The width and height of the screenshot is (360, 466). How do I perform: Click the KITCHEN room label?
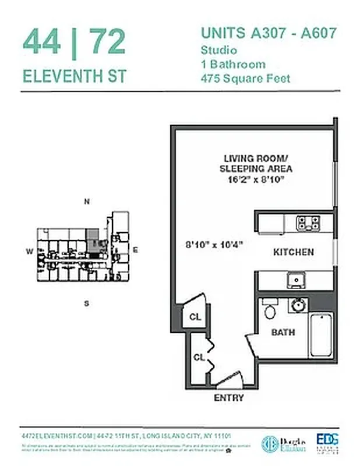tap(294, 252)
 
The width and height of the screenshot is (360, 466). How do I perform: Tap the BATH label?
tap(283, 333)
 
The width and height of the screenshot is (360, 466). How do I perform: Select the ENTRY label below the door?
tap(229, 398)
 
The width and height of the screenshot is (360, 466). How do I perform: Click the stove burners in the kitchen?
tap(308, 223)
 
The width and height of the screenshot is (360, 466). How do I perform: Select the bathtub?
tap(320, 337)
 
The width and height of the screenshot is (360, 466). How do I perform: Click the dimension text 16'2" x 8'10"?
tap(256, 180)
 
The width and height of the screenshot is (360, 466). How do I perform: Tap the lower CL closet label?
tap(198, 356)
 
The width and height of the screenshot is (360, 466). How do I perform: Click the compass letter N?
tap(86, 202)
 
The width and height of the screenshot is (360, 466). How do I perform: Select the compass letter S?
tap(86, 303)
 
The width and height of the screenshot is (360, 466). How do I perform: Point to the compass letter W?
tap(29, 252)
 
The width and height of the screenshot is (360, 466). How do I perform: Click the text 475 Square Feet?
tap(245, 78)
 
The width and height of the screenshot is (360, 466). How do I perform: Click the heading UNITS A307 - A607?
tap(269, 33)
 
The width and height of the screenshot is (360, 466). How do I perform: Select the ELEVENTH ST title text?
tap(75, 76)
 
